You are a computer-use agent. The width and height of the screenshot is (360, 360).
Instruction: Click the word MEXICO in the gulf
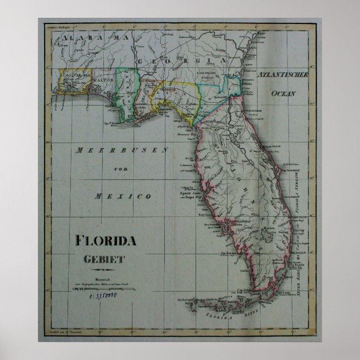tap(123, 196)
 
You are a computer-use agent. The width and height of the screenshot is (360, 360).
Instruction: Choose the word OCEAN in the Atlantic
tap(283, 94)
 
